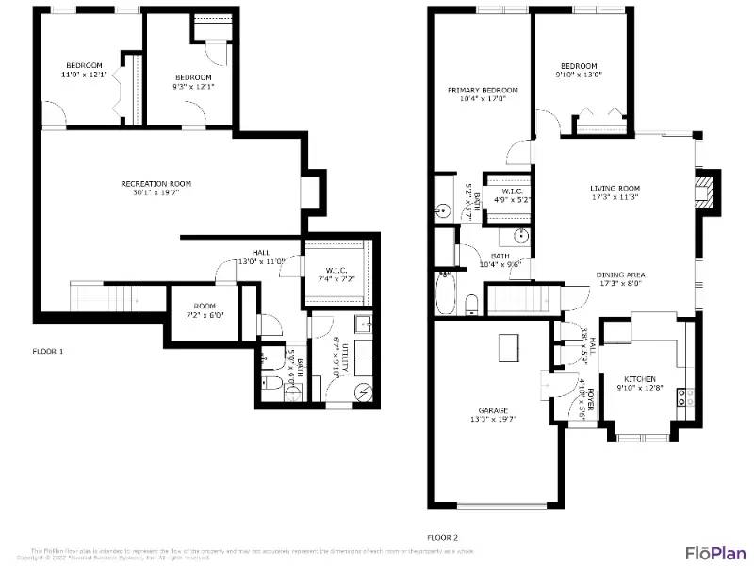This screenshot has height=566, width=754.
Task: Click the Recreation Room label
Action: [x=156, y=188]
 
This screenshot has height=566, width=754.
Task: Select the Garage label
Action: [x=493, y=415]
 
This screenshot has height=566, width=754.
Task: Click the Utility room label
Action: [x=346, y=358]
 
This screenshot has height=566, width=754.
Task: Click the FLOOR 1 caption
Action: [x=48, y=351]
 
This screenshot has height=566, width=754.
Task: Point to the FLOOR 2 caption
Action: [x=443, y=537]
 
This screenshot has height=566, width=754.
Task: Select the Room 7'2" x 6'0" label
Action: [x=205, y=310]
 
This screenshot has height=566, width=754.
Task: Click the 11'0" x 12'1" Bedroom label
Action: [x=84, y=70]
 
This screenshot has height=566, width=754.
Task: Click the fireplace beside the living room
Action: [x=705, y=191]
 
